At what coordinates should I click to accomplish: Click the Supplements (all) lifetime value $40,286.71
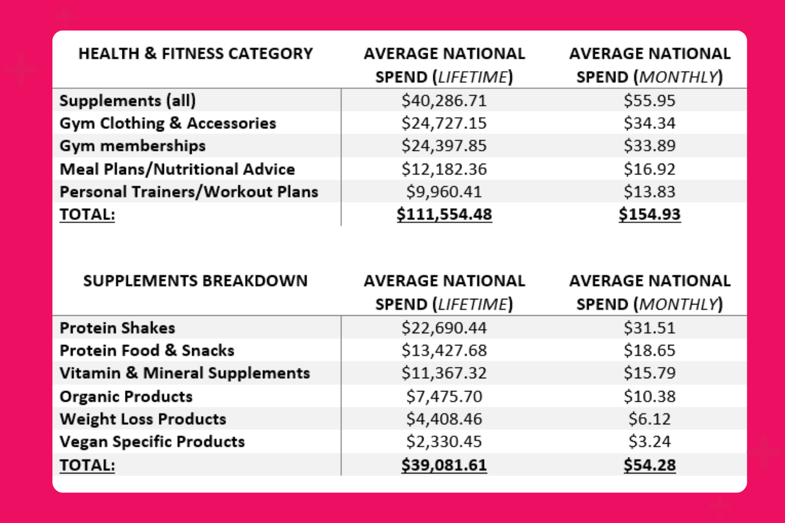click(x=444, y=101)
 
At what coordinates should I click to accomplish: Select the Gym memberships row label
click(x=132, y=146)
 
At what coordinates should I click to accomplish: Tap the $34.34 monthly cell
click(x=649, y=123)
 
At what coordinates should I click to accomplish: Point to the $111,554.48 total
click(x=444, y=214)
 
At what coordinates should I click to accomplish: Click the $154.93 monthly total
click(x=649, y=214)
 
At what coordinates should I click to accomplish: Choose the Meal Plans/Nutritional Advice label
click(x=177, y=169)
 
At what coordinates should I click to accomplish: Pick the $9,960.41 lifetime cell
click(x=444, y=192)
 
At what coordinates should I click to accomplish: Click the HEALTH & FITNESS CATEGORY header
click(x=195, y=54)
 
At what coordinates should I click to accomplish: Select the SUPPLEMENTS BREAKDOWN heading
click(x=195, y=281)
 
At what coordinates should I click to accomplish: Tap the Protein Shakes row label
click(x=117, y=328)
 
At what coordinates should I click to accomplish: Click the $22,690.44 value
click(x=444, y=328)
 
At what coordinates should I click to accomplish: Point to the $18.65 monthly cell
click(x=649, y=350)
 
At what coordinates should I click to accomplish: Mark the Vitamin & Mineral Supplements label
click(x=185, y=373)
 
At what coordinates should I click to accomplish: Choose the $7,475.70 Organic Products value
click(x=444, y=396)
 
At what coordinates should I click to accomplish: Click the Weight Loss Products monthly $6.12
click(x=649, y=419)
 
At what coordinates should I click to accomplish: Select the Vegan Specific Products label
click(x=152, y=442)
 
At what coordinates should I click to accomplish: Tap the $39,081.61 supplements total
click(x=444, y=465)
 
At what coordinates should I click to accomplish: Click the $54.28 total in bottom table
click(x=649, y=465)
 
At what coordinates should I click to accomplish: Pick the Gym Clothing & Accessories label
click(x=168, y=123)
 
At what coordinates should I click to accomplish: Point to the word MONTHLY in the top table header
click(x=678, y=77)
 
